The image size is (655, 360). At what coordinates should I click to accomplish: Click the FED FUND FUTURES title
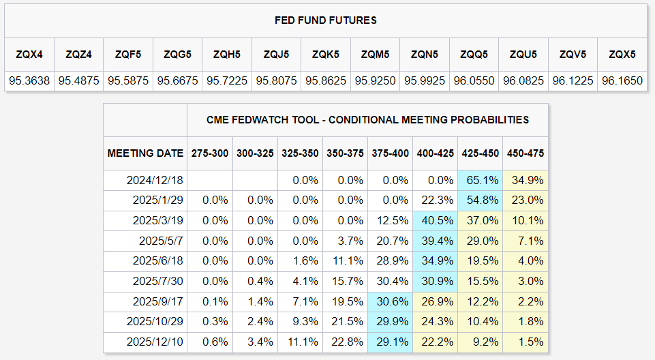click(x=325, y=20)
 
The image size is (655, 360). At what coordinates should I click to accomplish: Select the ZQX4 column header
click(x=29, y=55)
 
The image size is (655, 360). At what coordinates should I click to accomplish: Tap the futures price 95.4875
click(x=78, y=80)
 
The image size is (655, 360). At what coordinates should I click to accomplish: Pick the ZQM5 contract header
click(x=375, y=55)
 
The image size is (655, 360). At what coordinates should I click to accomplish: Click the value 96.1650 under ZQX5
click(x=622, y=80)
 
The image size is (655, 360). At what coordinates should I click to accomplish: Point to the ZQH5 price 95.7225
click(x=227, y=80)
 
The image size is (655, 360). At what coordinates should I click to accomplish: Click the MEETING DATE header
click(x=145, y=153)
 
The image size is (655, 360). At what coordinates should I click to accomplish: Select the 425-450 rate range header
click(x=481, y=153)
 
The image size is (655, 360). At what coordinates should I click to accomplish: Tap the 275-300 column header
click(x=210, y=153)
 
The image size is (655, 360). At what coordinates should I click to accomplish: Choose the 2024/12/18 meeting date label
click(x=155, y=181)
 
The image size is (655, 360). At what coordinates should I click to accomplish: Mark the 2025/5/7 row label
click(x=161, y=241)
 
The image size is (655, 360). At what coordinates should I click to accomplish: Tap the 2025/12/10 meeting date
click(x=155, y=342)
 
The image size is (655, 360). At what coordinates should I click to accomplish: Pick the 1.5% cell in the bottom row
click(x=530, y=342)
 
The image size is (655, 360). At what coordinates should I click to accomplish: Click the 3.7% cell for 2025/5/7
click(x=350, y=241)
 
